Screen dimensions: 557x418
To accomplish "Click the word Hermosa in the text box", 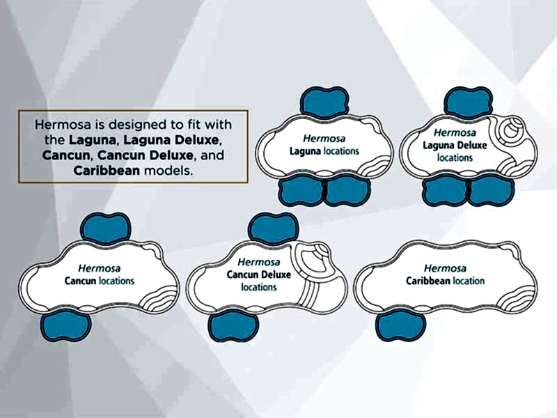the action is pyautogui.click(x=62, y=125).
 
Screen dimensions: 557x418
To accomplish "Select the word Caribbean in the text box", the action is pyautogui.click(x=107, y=171).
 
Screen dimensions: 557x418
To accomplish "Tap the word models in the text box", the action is pyautogui.click(x=168, y=171).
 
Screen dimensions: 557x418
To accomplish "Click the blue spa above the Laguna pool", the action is pyautogui.click(x=324, y=102).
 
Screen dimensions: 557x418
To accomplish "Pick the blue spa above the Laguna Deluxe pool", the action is pyautogui.click(x=469, y=102).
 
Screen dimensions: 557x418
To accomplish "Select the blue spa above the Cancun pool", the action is pyautogui.click(x=106, y=229).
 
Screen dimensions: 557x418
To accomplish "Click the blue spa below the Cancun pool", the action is pyautogui.click(x=65, y=325).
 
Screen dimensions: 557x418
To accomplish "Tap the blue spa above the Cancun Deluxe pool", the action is pyautogui.click(x=273, y=229).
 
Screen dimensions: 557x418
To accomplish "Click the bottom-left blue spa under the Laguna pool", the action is pyautogui.click(x=301, y=190).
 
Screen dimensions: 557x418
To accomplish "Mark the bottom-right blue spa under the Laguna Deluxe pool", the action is pyautogui.click(x=492, y=190).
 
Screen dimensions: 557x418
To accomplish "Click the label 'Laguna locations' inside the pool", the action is pyautogui.click(x=324, y=151).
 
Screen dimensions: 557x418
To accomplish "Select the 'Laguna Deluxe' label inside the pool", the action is pyautogui.click(x=455, y=146).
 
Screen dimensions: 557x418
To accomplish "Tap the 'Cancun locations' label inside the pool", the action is pyautogui.click(x=100, y=281).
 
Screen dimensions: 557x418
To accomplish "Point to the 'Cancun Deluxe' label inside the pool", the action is pyautogui.click(x=258, y=274).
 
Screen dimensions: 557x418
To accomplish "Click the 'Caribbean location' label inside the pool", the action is pyautogui.click(x=445, y=281).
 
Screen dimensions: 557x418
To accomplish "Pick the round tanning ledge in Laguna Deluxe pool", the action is pyautogui.click(x=512, y=130).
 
